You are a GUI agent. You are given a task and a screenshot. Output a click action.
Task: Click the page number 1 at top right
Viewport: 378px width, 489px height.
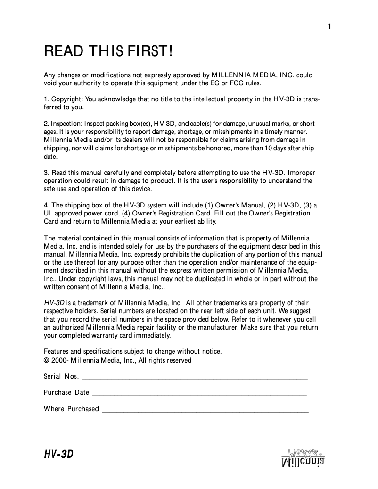tap(329, 26)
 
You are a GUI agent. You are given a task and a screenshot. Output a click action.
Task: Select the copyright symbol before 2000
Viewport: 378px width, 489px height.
tap(47, 360)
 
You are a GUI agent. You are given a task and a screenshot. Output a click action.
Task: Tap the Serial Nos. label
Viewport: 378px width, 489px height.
tap(61, 376)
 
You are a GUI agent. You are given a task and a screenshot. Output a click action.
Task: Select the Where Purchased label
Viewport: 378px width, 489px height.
tap(71, 409)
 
